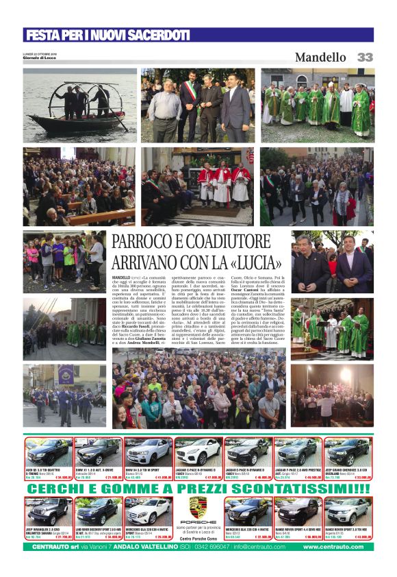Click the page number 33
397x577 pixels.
[365, 58]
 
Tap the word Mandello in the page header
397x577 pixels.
[320, 58]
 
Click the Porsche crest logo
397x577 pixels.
[198, 508]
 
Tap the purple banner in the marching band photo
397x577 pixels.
[65, 374]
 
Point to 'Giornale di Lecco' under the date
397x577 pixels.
[40, 58]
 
